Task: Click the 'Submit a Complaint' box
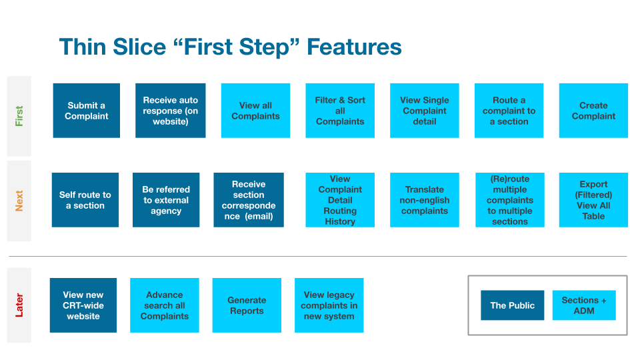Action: click(x=87, y=111)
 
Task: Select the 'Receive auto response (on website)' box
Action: click(x=171, y=111)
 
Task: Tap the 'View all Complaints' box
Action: click(x=255, y=111)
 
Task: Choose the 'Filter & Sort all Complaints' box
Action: click(x=340, y=111)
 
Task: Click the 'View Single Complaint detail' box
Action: click(x=425, y=111)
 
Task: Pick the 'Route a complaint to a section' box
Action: click(x=509, y=111)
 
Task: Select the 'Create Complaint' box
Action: click(x=593, y=111)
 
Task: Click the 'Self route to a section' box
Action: click(x=85, y=200)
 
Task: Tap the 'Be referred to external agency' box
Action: click(x=166, y=200)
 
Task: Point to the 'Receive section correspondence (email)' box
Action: click(x=249, y=200)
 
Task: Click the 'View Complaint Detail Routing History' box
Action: click(x=340, y=200)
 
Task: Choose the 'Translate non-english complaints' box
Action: click(x=425, y=200)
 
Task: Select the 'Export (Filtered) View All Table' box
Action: click(x=593, y=200)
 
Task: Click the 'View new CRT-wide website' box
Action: click(x=83, y=305)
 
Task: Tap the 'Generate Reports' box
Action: click(x=247, y=305)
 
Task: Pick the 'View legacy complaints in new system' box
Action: click(x=329, y=305)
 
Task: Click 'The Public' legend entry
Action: click(x=513, y=305)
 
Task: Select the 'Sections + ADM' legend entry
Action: click(x=584, y=305)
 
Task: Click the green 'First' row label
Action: click(x=19, y=116)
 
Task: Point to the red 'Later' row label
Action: click(x=19, y=305)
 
